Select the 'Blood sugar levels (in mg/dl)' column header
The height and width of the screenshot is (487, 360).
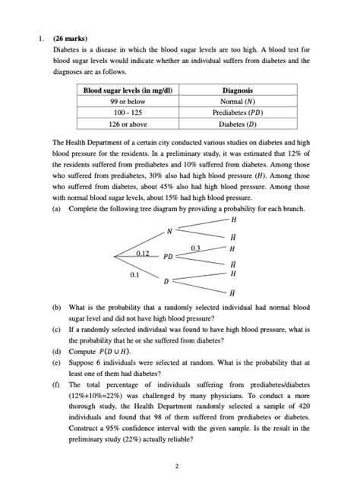[128, 90]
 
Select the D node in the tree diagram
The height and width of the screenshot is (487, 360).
[166, 282]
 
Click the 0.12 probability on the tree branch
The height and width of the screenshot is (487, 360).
[141, 251]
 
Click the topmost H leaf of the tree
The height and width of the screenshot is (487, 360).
[232, 219]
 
